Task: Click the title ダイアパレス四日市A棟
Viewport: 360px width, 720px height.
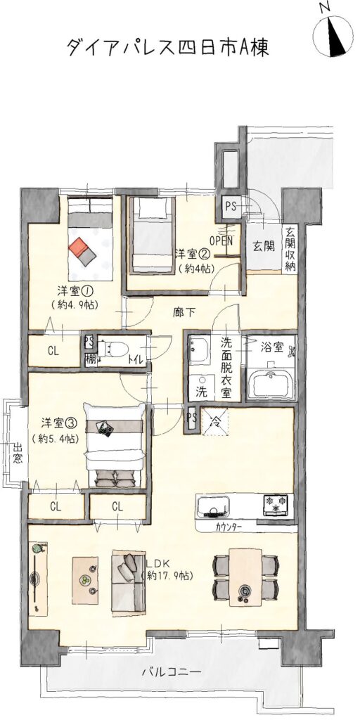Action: (x=167, y=47)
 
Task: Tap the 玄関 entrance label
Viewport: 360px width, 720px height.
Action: (x=264, y=247)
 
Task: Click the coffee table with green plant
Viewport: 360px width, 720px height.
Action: (x=85, y=580)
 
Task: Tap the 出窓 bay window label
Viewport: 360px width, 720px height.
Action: (x=18, y=453)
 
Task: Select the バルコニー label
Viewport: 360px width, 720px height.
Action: (x=172, y=672)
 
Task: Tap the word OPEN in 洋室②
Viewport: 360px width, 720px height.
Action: (x=221, y=240)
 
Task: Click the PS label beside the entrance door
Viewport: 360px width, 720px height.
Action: (x=230, y=206)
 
